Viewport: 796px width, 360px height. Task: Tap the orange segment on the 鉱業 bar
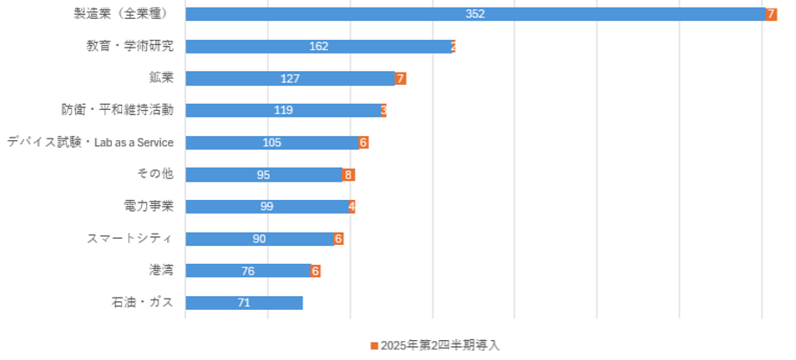click(x=401, y=78)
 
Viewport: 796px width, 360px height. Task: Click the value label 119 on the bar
click(x=283, y=110)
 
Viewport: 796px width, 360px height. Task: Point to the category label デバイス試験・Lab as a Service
click(x=91, y=142)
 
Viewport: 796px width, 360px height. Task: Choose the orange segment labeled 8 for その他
click(x=349, y=175)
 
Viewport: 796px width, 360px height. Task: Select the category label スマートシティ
click(x=131, y=238)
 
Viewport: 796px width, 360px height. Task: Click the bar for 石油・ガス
click(x=244, y=302)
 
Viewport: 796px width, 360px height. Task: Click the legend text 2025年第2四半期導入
click(x=440, y=344)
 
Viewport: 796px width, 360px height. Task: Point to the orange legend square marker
click(x=374, y=344)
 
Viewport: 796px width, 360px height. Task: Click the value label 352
click(x=475, y=14)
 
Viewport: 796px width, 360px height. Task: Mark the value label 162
click(x=318, y=46)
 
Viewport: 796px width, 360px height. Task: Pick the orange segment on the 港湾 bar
click(x=316, y=270)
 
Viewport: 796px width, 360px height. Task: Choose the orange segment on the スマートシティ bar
click(x=339, y=238)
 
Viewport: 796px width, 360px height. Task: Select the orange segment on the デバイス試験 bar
click(x=364, y=142)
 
